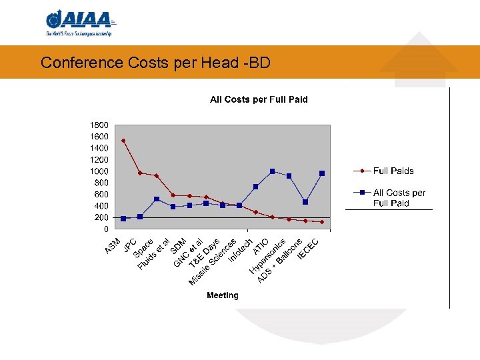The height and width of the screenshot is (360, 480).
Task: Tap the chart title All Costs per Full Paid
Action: point(259,99)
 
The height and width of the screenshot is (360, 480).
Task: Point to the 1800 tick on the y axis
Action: point(99,125)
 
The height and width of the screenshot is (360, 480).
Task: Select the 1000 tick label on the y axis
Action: point(99,171)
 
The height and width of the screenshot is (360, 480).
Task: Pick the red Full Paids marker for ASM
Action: point(123,141)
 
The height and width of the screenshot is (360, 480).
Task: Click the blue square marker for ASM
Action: point(123,219)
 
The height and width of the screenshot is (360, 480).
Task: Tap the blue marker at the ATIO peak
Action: point(272,171)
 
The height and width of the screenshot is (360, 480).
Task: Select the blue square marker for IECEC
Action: point(322,173)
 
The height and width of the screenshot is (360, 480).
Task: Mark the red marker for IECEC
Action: point(322,222)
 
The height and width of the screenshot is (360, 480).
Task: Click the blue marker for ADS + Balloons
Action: point(305,202)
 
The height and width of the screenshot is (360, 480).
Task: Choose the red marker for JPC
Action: point(140,173)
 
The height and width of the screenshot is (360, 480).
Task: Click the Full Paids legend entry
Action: point(393,171)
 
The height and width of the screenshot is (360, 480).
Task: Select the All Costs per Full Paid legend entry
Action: point(399,198)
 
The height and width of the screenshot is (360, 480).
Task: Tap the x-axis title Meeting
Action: point(222,295)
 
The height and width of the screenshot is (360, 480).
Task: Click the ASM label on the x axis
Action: point(113,246)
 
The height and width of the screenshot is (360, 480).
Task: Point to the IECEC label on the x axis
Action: point(309,249)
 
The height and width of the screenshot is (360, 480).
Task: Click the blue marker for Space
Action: point(157,199)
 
